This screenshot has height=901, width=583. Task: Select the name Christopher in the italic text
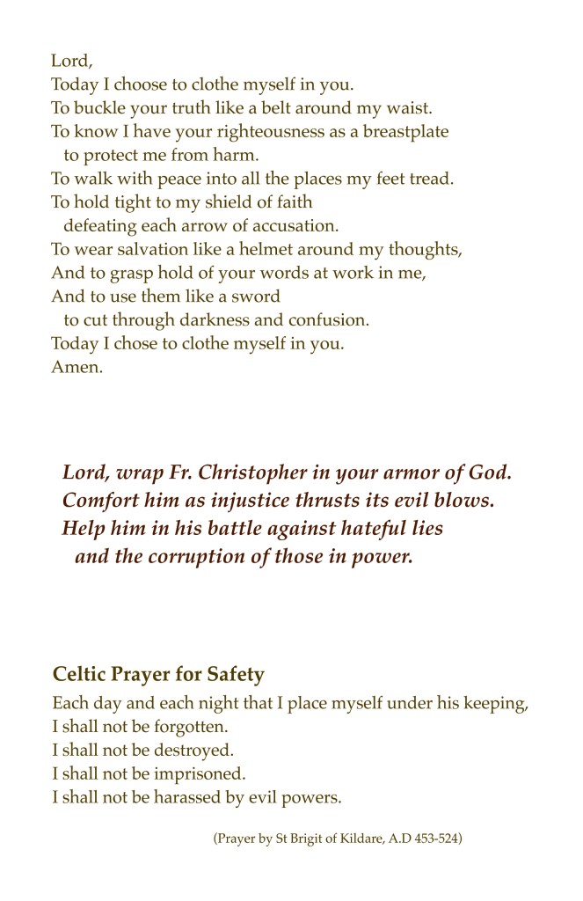251,472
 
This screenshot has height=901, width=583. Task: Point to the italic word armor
411,472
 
